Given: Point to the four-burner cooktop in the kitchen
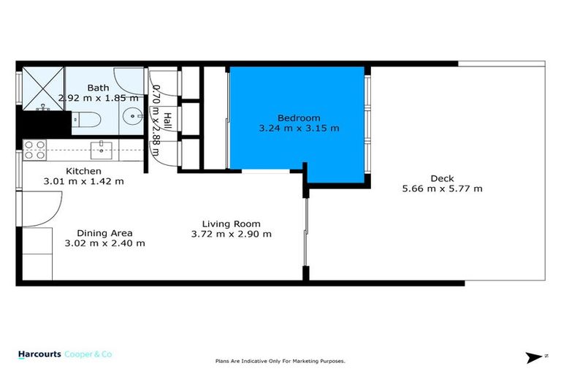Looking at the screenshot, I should coord(34,150).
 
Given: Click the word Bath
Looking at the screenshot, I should coord(99,88).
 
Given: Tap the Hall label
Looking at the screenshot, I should coord(167,121).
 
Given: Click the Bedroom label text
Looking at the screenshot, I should coord(298,118).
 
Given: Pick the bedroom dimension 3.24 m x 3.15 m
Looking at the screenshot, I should coord(298,128).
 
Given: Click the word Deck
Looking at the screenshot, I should coord(441,178).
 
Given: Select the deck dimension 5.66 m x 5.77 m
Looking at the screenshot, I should coord(441,188).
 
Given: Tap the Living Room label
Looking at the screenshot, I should coord(231,224).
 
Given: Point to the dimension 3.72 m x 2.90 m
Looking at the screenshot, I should coord(231,234).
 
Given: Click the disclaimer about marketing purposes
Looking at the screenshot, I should coord(280,361).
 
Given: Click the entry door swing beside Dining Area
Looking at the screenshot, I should coord(34,208).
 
